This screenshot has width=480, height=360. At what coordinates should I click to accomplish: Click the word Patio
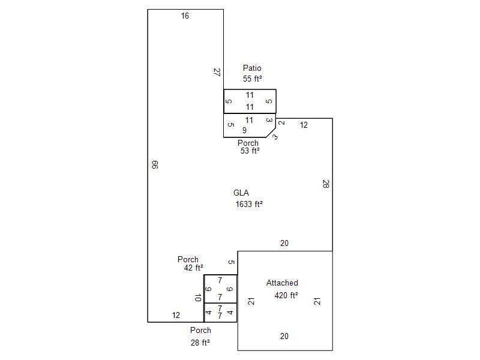coord(252,68)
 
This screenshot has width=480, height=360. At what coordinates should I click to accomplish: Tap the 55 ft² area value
coord(252,79)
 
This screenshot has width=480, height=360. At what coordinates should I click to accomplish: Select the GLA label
coord(241,193)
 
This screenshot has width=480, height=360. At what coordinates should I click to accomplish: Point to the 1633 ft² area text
coord(249,204)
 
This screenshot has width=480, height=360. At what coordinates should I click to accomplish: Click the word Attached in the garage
coord(282,283)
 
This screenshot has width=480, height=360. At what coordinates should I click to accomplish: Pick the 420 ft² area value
coord(286,295)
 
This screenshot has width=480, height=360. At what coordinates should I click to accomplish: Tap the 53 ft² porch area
coord(250,151)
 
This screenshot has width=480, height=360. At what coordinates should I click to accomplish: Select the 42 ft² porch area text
coord(193,268)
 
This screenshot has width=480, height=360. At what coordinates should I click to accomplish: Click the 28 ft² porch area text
coord(200,343)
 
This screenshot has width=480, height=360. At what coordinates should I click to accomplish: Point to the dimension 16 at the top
coord(185,16)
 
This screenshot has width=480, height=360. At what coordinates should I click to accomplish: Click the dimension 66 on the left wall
coord(155,164)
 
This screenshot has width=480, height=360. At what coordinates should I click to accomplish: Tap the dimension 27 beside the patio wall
coord(217,72)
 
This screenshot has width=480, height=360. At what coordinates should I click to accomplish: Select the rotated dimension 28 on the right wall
coord(326,184)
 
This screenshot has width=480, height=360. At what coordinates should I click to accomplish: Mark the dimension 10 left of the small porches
coord(198,298)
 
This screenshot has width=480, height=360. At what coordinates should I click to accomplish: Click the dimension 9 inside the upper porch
coord(244,130)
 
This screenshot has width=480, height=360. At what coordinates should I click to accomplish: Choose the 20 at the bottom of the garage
coord(284,336)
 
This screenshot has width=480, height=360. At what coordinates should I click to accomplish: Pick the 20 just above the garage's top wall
coord(284,243)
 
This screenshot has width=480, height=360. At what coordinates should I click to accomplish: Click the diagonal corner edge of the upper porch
coord(271,133)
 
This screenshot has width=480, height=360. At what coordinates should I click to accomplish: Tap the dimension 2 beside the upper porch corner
coord(281,123)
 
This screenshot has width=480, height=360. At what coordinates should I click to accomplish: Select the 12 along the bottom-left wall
coord(176,315)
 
